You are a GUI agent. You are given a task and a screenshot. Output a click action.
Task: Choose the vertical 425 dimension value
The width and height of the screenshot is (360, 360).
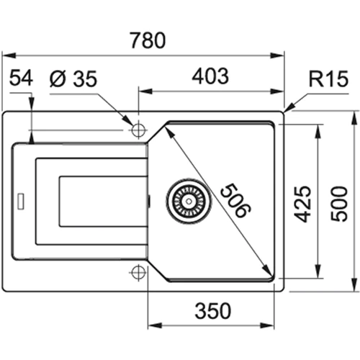[x=303, y=204]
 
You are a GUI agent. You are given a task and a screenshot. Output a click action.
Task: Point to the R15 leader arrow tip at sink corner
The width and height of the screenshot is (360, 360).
[x=285, y=111]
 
